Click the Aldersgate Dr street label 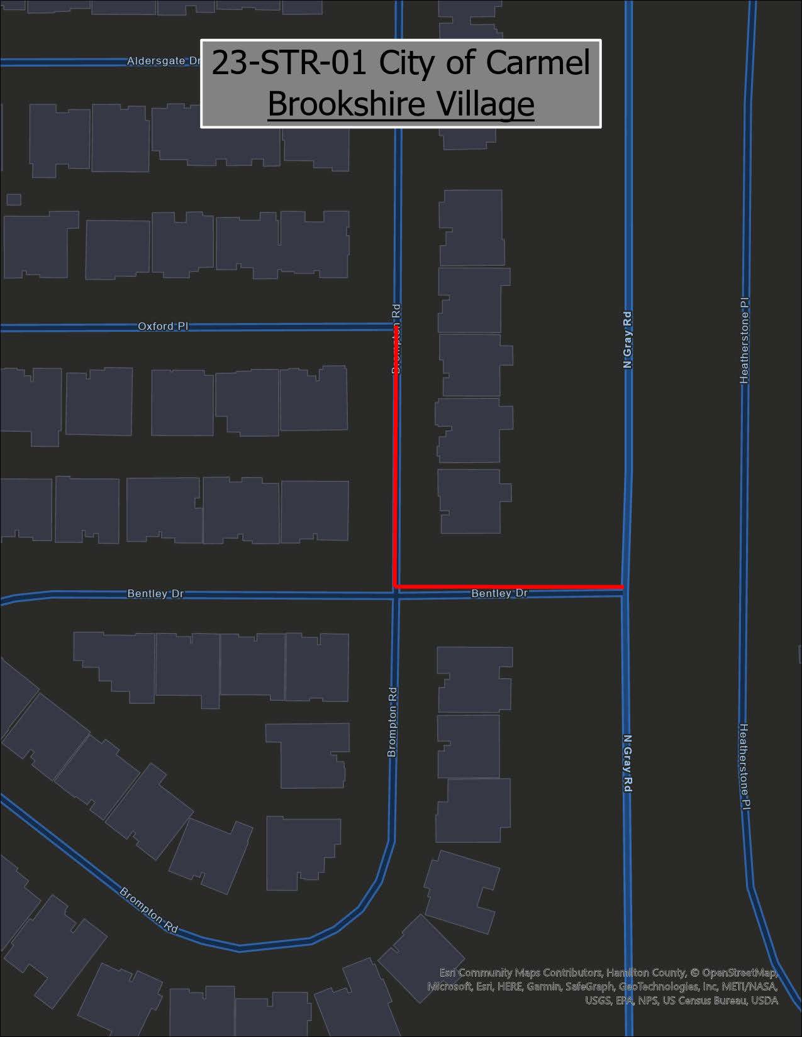coord(163,61)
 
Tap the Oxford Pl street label coord(163,326)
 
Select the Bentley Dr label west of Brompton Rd coord(155,593)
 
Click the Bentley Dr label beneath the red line coord(499,593)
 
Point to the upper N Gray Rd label coord(627,339)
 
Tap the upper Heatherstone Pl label coord(745,340)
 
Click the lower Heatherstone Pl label coord(744,766)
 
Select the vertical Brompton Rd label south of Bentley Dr coord(393,721)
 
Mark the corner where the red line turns coord(395,586)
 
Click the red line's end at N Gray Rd coord(622,586)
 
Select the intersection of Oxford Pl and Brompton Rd coord(396,326)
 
